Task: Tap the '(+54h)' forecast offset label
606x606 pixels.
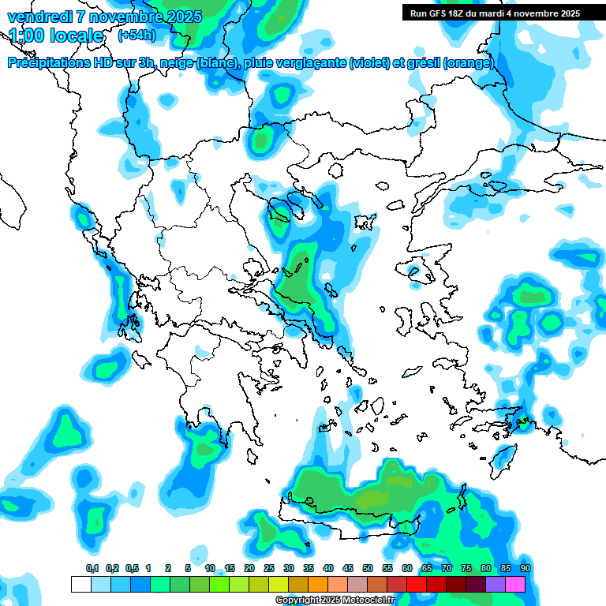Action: (x=136, y=35)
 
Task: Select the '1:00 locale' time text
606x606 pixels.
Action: (x=56, y=36)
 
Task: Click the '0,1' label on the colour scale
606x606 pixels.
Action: (x=92, y=568)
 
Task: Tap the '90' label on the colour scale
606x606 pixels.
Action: (x=525, y=568)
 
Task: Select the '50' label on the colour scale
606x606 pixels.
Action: (x=368, y=568)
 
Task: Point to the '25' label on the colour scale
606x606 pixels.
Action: (x=269, y=568)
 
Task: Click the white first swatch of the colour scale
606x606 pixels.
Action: (x=80, y=584)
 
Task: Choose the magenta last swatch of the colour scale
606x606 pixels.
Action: (x=515, y=584)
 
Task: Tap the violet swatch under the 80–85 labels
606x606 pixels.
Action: (x=496, y=584)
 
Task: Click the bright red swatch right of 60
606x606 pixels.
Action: (x=417, y=584)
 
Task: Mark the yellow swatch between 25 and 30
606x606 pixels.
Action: (x=279, y=584)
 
